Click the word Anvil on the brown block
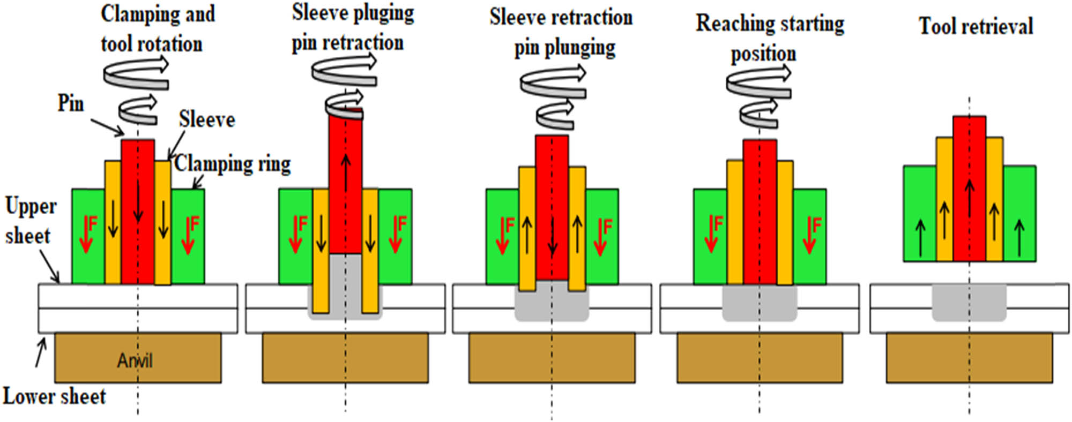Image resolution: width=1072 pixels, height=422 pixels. point(135,360)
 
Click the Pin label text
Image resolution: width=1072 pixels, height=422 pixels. point(71,103)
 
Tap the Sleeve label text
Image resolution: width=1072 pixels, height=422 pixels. point(207,119)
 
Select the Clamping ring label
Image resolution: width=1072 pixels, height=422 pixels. point(233,164)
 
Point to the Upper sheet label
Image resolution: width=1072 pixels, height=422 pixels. point(30,221)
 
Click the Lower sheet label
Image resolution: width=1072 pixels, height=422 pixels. point(54,397)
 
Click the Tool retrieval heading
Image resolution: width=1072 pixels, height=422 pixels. point(976,26)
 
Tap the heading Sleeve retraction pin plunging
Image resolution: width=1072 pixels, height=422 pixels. point(561,32)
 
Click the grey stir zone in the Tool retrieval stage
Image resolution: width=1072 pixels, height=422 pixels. point(969,303)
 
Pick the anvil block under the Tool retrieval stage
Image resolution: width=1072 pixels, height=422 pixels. point(969,357)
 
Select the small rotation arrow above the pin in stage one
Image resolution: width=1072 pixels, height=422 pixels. point(138,109)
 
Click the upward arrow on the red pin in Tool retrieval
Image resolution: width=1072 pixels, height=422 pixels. point(969,198)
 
